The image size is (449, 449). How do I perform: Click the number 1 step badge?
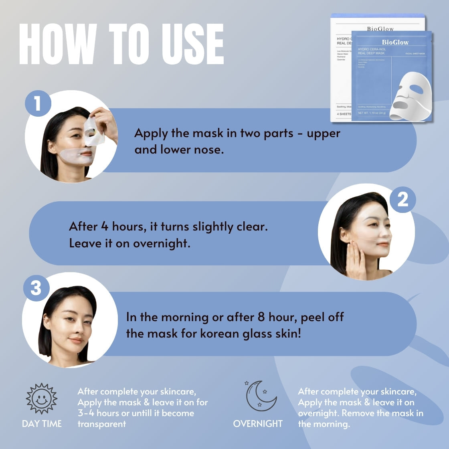[38, 103]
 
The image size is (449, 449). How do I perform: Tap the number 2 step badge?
[402, 199]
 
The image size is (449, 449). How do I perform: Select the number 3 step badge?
[36, 288]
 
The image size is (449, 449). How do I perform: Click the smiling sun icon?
[42, 398]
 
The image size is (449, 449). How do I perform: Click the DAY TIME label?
[42, 424]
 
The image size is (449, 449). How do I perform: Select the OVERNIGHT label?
[258, 424]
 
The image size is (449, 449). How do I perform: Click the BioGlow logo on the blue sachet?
[395, 42]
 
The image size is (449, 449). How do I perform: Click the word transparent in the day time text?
[102, 424]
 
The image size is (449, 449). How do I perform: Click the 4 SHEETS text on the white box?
[344, 114]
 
